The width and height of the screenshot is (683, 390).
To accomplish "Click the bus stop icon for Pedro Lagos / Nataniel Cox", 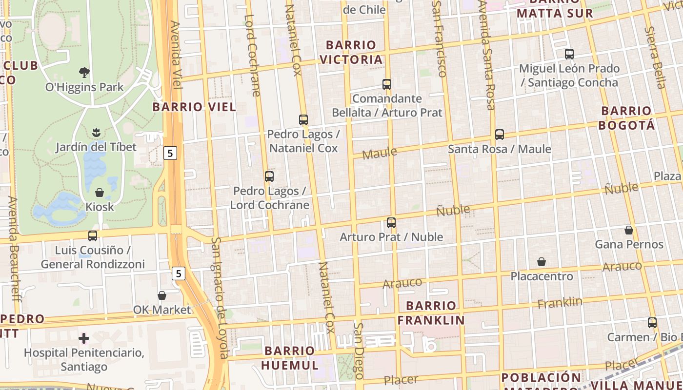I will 303,119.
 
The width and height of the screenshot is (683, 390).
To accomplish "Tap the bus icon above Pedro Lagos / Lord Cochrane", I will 269,176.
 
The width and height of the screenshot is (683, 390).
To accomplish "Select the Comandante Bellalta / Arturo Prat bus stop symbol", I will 387,84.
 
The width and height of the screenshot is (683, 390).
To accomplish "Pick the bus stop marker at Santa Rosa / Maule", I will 499,135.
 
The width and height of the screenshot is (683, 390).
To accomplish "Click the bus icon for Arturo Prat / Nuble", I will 391,223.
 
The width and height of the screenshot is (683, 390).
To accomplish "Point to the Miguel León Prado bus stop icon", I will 569,54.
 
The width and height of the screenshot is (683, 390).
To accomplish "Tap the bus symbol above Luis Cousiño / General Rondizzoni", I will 93,236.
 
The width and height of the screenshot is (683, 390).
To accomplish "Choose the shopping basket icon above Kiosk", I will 100,193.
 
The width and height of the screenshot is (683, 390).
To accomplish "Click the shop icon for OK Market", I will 162,295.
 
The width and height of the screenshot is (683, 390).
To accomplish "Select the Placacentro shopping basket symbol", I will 542,262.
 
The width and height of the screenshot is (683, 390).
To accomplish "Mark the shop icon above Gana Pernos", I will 629,230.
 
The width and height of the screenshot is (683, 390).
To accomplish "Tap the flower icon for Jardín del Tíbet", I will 96,132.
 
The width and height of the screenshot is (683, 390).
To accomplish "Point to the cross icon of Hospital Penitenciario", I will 84,338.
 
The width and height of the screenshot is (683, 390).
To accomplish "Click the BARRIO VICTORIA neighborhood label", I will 351,52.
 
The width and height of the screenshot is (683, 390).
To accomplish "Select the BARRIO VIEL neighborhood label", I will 194,107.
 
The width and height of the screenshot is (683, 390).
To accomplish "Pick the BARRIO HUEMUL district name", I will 290,358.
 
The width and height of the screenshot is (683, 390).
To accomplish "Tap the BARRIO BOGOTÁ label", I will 627,118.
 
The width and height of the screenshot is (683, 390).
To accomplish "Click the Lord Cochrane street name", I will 253,55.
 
